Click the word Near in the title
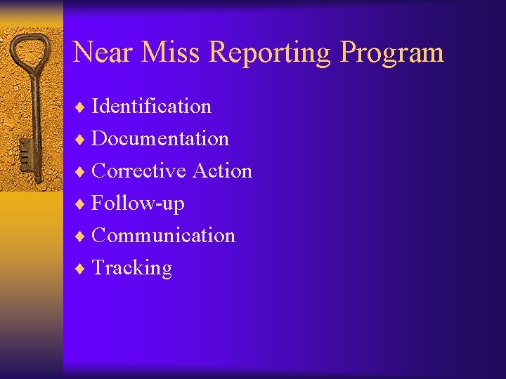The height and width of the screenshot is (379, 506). [x=101, y=53]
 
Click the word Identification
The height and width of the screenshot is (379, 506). [x=151, y=107]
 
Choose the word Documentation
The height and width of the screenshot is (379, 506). [x=160, y=139]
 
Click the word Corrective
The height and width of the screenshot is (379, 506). [x=139, y=171]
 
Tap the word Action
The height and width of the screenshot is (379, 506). [x=222, y=171]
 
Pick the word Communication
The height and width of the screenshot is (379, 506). [x=163, y=236]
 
